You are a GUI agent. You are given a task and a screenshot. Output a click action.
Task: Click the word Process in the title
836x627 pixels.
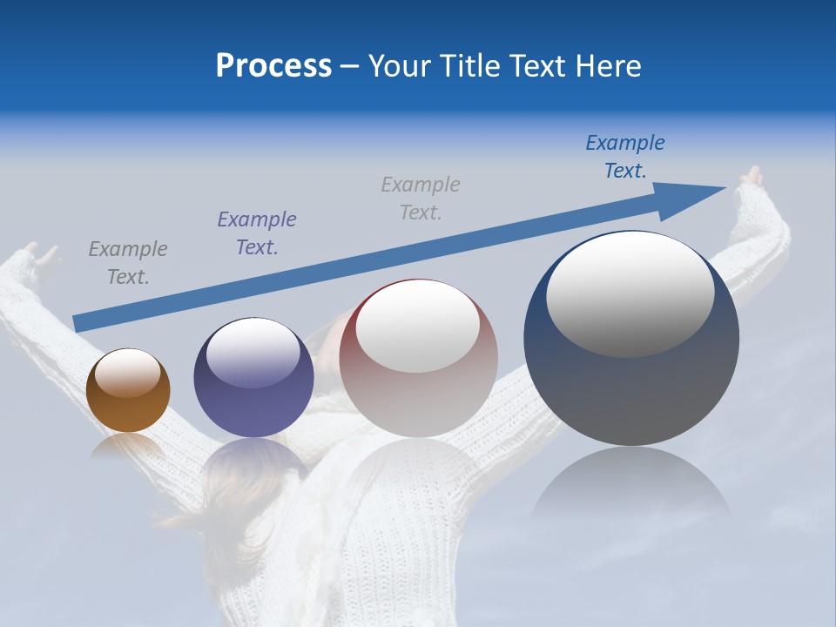[273, 66]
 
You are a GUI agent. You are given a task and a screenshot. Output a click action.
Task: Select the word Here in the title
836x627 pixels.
[608, 66]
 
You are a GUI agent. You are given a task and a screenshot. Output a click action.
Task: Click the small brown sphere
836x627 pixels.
[128, 391]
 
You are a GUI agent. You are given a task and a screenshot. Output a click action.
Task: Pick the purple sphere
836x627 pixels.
[253, 378]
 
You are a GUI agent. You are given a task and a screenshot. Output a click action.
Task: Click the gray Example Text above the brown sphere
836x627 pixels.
[128, 263]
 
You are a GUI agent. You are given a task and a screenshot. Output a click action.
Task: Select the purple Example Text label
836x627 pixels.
[257, 233]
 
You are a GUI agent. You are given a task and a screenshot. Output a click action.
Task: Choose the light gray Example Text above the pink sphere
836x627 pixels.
[421, 198]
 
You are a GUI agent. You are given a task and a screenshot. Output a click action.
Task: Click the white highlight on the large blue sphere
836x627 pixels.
[630, 292]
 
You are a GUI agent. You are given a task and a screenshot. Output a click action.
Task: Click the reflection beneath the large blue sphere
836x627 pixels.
[631, 488]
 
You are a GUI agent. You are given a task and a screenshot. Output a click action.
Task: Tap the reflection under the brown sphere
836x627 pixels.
[128, 446]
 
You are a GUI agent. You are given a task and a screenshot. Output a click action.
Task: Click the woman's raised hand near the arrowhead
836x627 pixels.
[751, 178]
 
